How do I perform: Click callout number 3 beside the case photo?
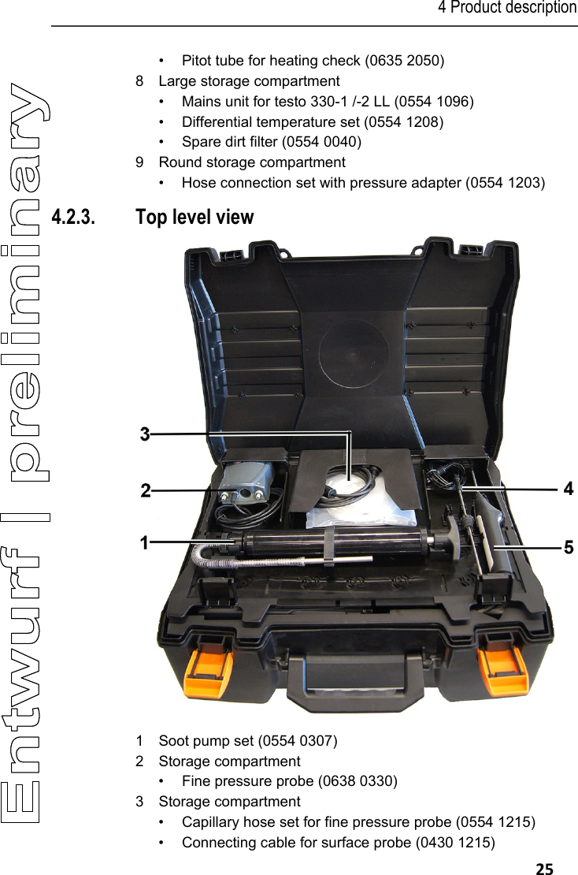pyautogui.click(x=145, y=434)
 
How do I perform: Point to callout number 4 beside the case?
pyautogui.click(x=569, y=490)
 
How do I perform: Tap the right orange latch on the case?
pyautogui.click(x=504, y=664)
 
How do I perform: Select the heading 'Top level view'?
pyautogui.click(x=195, y=217)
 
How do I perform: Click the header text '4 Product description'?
pyautogui.click(x=507, y=8)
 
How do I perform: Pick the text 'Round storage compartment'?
pyautogui.click(x=252, y=162)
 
